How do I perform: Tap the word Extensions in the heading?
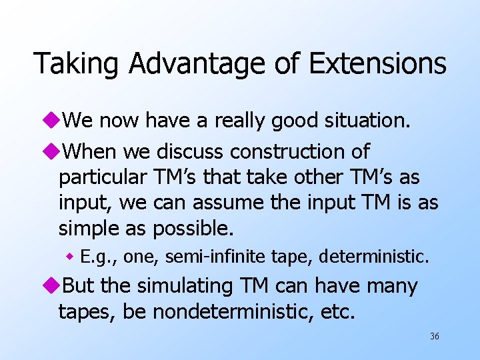click(x=377, y=64)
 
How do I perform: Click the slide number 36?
click(x=435, y=336)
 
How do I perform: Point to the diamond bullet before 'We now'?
click(x=53, y=121)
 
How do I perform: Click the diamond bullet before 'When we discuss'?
click(x=53, y=152)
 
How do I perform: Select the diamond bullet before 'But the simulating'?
click(x=53, y=286)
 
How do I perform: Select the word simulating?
click(x=185, y=286)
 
